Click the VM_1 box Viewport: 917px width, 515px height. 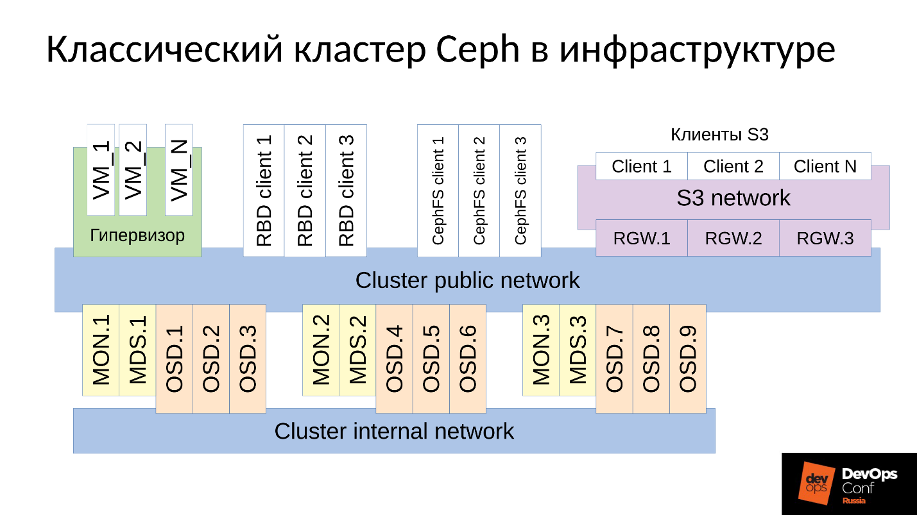[x=101, y=170]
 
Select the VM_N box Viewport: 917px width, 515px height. [x=178, y=170]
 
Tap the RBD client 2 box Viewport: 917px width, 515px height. [x=305, y=190]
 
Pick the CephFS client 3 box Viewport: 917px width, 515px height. [x=520, y=190]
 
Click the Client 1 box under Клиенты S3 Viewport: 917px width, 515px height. [x=641, y=166]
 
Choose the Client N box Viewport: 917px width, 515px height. [x=825, y=166]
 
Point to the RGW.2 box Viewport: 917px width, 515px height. [x=733, y=238]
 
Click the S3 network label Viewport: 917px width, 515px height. [x=733, y=198]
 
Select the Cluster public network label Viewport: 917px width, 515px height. [x=467, y=280]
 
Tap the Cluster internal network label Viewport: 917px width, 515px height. [x=394, y=431]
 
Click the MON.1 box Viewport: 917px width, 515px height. [x=101, y=350]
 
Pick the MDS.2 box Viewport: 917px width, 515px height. [x=357, y=350]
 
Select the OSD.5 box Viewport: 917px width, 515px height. [x=431, y=359]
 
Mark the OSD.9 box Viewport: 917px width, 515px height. [x=688, y=359]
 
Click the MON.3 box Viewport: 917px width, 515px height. [x=541, y=350]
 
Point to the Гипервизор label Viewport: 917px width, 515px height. [x=137, y=235]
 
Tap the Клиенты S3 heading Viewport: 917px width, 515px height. [x=719, y=135]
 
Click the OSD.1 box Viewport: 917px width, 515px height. [x=175, y=359]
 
